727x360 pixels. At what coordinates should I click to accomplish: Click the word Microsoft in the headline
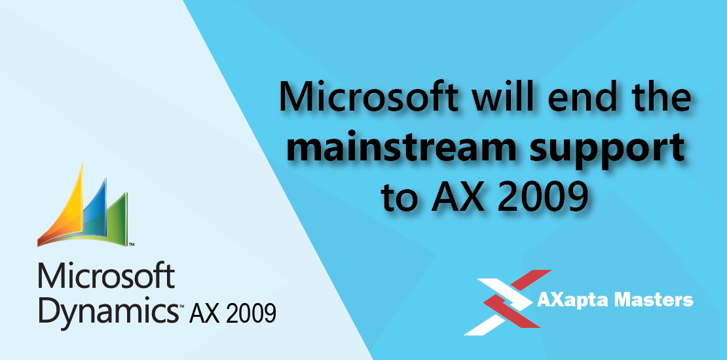[371, 98]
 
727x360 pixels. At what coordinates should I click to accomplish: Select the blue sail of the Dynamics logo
[96, 211]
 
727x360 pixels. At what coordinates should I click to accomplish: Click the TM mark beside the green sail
[132, 243]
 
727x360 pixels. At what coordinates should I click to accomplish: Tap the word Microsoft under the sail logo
[107, 276]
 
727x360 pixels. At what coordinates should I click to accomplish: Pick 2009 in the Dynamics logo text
[251, 313]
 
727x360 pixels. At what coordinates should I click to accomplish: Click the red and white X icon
[507, 302]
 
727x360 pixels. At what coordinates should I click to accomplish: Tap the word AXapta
[574, 301]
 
